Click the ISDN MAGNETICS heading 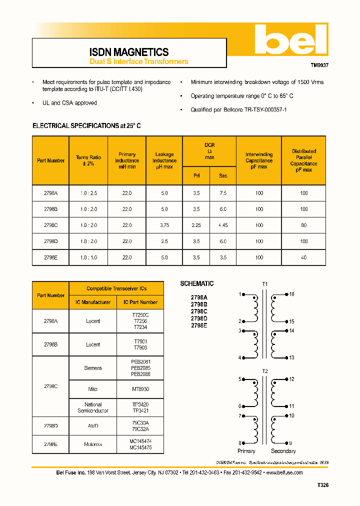(129, 52)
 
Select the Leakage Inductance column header (164, 160)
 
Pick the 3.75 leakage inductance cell (164, 225)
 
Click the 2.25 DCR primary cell (196, 225)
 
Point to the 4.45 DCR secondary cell (223, 225)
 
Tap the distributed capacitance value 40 (303, 257)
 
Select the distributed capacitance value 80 (303, 225)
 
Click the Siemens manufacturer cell (93, 368)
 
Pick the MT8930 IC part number (140, 388)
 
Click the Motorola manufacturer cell (93, 444)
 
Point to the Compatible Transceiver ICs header (116, 288)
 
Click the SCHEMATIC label (197, 283)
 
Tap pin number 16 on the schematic (292, 294)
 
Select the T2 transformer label (265, 371)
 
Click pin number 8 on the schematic (240, 443)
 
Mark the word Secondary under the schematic (283, 451)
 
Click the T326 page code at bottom (323, 485)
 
